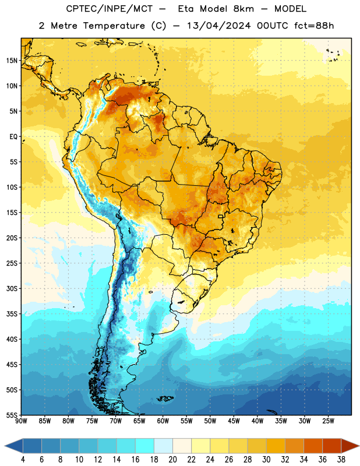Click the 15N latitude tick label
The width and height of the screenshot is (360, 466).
point(12,61)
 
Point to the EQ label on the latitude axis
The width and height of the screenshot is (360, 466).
point(13,137)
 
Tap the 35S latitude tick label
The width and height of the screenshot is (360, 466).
point(12,314)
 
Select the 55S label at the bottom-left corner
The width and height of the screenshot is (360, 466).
point(12,415)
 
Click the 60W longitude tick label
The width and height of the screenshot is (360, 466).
point(163,421)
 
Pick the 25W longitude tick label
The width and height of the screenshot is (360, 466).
point(328,421)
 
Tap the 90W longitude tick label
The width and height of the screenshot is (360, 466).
point(22,421)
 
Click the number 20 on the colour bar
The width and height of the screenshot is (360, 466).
point(172,460)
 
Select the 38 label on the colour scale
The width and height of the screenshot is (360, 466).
point(341,460)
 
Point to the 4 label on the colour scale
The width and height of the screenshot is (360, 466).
point(23,460)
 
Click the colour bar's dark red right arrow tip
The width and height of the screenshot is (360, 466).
point(359,446)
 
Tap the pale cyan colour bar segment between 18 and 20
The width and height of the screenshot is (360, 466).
point(164,446)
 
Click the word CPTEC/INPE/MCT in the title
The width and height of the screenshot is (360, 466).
point(109,9)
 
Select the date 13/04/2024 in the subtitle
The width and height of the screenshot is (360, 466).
point(218,26)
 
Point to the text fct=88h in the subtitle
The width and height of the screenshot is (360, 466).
point(314,26)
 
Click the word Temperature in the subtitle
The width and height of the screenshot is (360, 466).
point(114,26)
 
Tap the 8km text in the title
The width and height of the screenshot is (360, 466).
point(243,9)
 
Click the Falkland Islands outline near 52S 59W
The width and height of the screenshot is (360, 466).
point(165,398)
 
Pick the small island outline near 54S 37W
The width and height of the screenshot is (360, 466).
point(272,412)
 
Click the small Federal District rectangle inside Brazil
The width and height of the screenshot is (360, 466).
point(221,216)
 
